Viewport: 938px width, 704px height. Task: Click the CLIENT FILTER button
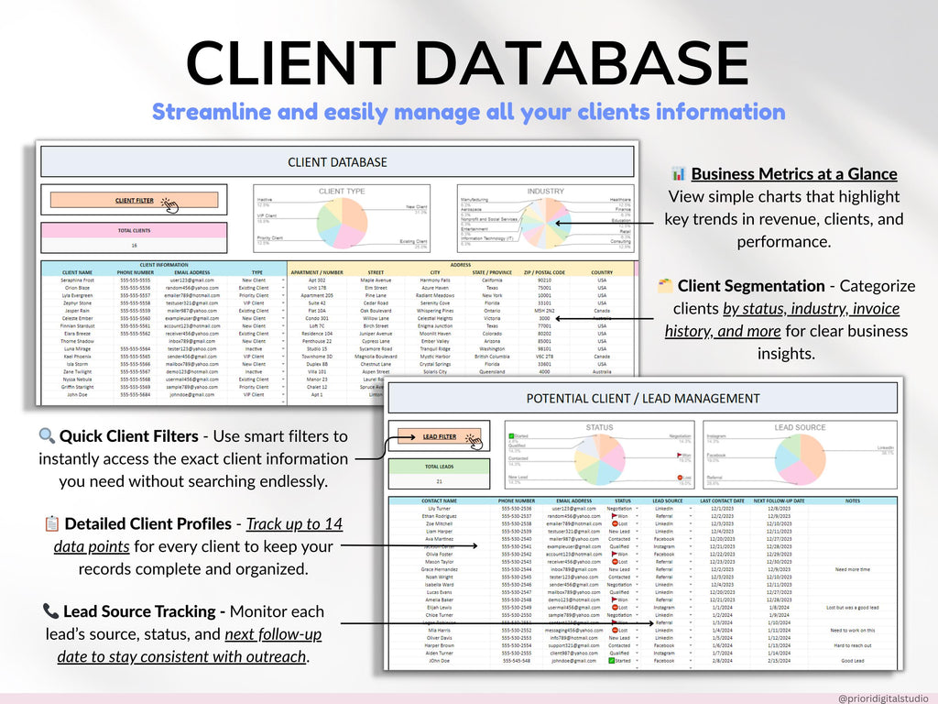click(x=135, y=200)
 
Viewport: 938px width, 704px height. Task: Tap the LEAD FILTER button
click(x=439, y=436)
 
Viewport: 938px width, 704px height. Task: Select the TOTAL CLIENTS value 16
click(x=134, y=246)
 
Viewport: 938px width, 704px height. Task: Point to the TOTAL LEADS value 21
click(x=439, y=480)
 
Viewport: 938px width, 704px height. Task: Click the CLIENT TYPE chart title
click(x=341, y=192)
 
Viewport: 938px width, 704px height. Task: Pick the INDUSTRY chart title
click(x=545, y=192)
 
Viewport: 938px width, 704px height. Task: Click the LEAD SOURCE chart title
click(x=800, y=427)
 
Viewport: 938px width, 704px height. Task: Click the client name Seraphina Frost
click(x=77, y=280)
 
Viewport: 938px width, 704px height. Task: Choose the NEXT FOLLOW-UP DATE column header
click(x=779, y=501)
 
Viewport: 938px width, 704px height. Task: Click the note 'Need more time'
click(x=852, y=569)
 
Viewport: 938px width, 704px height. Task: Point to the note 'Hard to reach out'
click(x=852, y=645)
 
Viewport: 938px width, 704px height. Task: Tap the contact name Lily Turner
click(x=440, y=509)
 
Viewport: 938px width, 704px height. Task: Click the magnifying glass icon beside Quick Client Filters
click(x=47, y=436)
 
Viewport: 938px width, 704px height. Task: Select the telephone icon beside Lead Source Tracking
click(x=50, y=610)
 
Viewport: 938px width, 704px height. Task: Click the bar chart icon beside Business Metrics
click(x=679, y=174)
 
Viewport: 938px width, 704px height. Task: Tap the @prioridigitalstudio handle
click(x=883, y=698)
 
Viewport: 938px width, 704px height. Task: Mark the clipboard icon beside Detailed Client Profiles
click(x=52, y=523)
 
